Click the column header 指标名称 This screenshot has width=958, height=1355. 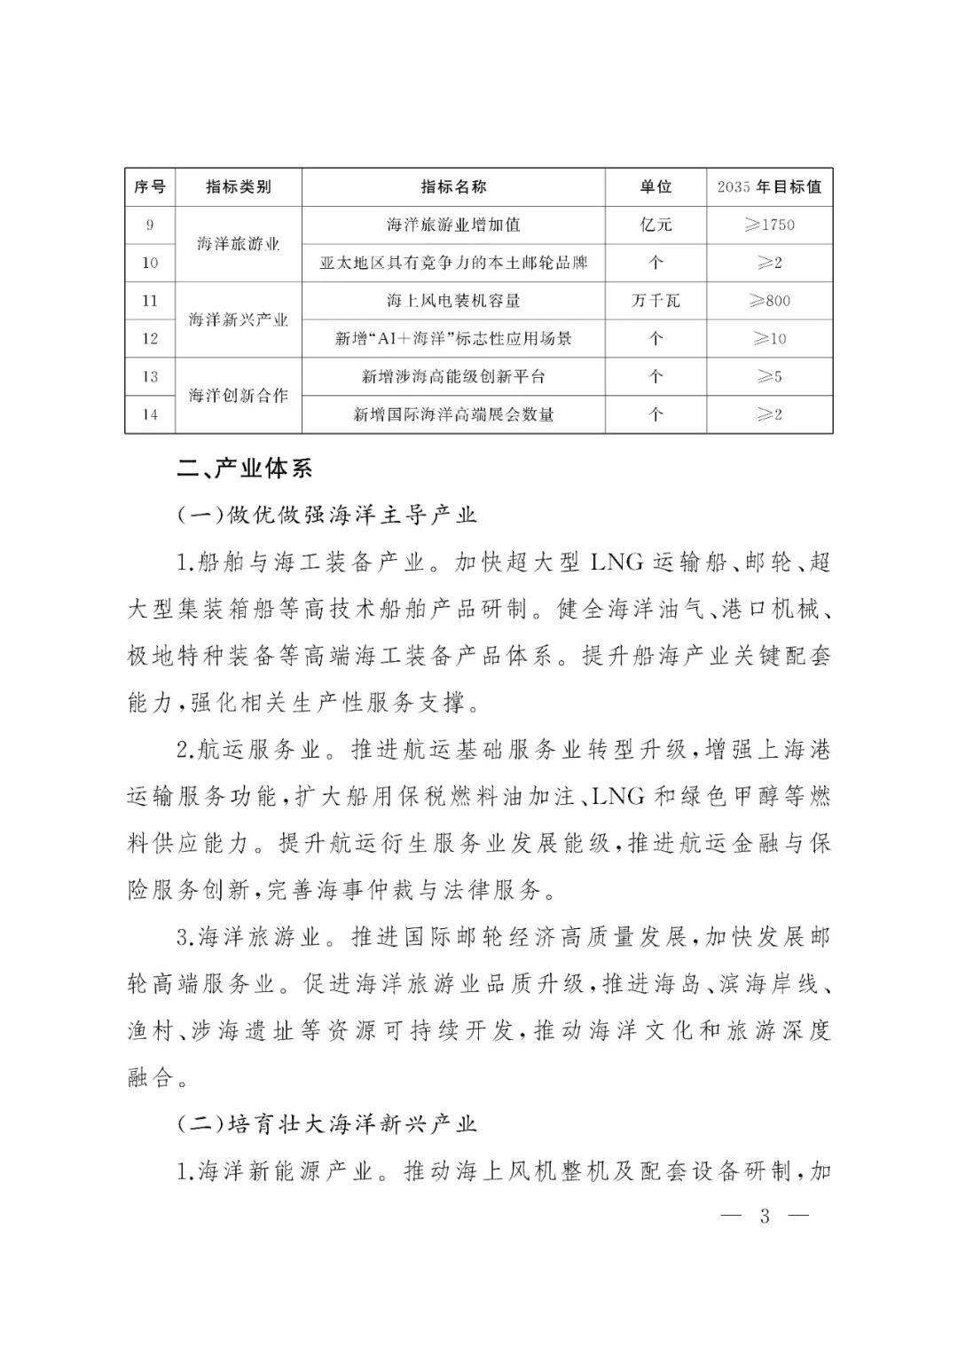click(x=453, y=187)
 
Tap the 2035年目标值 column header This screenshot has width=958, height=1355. click(x=769, y=187)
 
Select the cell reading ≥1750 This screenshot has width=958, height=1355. click(x=769, y=225)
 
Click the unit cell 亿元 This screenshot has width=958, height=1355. click(x=656, y=225)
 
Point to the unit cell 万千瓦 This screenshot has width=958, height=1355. click(x=656, y=301)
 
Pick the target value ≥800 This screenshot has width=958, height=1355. click(x=769, y=301)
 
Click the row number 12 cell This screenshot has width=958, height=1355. click(x=150, y=339)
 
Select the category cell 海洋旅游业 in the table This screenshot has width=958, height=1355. click(x=239, y=244)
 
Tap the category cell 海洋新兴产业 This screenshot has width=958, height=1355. click(x=239, y=319)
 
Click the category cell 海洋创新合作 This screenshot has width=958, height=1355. click(x=239, y=396)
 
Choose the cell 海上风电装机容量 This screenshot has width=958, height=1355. click(x=453, y=301)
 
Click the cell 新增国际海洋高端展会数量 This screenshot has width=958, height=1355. click(x=453, y=414)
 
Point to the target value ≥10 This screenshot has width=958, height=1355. click(x=769, y=339)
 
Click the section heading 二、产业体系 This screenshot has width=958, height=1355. click(x=245, y=468)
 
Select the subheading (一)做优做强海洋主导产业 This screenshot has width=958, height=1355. click(x=327, y=515)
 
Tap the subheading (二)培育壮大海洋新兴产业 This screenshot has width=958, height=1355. click(x=327, y=1125)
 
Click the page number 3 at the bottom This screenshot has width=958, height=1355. click(x=765, y=1216)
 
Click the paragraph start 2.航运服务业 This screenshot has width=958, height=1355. click(x=247, y=750)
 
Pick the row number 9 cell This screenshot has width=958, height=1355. click(x=150, y=225)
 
